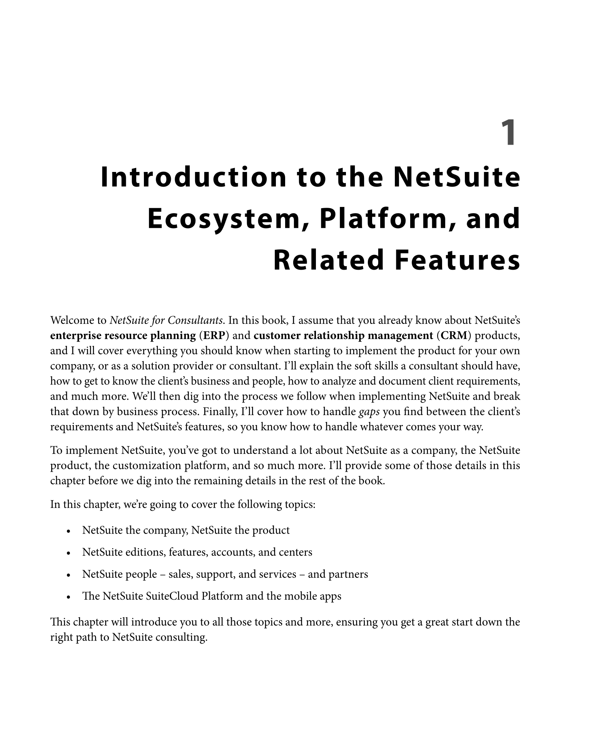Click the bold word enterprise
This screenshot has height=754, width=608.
point(76,335)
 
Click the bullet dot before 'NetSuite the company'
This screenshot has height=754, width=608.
point(68,531)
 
